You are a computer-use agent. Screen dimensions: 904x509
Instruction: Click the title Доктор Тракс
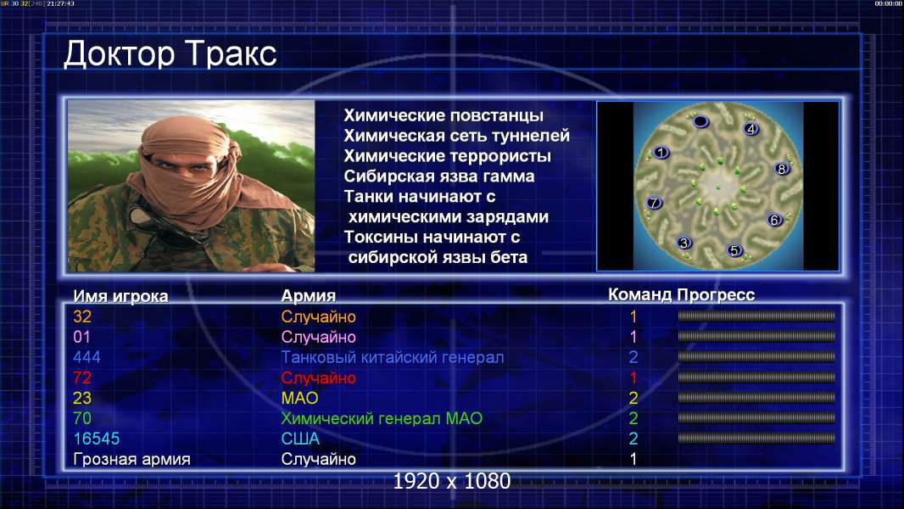click(x=170, y=55)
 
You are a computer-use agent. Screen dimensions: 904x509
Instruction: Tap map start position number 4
click(x=751, y=129)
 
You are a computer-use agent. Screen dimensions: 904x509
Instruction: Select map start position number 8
click(x=781, y=168)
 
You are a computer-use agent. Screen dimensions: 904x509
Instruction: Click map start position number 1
click(x=661, y=152)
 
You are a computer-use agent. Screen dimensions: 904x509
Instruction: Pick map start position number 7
click(x=654, y=203)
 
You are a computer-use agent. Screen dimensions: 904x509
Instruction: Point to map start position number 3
click(x=684, y=243)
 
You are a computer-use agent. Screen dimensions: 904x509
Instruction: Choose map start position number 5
click(x=734, y=250)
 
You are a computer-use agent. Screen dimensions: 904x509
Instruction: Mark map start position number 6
click(x=774, y=220)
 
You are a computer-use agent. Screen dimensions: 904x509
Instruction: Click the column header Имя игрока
click(x=120, y=296)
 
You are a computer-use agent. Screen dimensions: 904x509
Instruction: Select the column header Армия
click(x=309, y=296)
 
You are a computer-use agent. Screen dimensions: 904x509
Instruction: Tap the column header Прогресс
click(x=716, y=294)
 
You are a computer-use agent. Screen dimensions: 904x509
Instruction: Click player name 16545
click(x=97, y=439)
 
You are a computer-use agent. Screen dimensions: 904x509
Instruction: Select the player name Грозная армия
click(x=131, y=460)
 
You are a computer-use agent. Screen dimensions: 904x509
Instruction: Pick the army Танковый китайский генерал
click(x=393, y=357)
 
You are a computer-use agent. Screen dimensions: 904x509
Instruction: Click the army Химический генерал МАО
click(x=382, y=418)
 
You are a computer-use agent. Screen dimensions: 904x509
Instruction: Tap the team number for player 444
click(x=633, y=357)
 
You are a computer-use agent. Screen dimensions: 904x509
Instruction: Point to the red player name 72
click(x=82, y=378)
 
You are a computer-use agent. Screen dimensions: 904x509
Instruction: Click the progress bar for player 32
click(x=756, y=316)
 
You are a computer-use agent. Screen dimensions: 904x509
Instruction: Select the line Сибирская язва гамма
click(x=439, y=176)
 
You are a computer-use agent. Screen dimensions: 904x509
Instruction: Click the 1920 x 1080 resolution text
click(x=451, y=481)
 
